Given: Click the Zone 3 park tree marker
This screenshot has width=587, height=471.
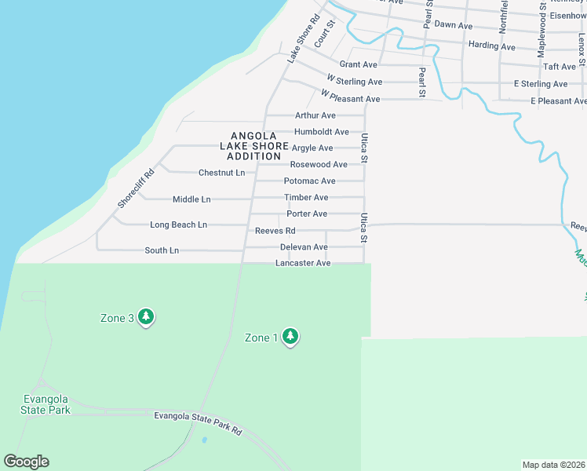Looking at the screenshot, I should click(x=145, y=316).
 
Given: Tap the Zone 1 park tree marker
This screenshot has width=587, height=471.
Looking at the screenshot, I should click(x=290, y=337).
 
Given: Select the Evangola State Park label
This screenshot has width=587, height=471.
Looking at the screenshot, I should click(x=46, y=404).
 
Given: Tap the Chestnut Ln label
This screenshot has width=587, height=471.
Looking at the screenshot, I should click(x=221, y=173).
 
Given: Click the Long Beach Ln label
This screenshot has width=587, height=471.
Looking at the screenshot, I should click(x=178, y=225).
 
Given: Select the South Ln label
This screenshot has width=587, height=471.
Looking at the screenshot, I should click(x=162, y=250).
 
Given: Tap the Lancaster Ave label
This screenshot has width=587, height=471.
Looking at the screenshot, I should click(x=303, y=264).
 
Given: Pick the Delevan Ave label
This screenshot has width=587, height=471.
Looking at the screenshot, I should click(x=304, y=247).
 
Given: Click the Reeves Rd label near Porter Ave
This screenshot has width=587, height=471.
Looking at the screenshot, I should click(x=275, y=231).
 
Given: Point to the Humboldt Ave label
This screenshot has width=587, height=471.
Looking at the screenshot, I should click(x=322, y=132).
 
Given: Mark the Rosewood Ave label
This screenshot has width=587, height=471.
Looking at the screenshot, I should click(x=319, y=165).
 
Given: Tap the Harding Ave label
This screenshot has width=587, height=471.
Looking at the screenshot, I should click(x=491, y=46).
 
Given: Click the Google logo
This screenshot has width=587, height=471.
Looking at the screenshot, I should click(x=26, y=462).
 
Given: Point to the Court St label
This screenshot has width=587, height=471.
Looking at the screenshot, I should click(x=324, y=35).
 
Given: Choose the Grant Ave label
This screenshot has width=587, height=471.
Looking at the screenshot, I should click(x=358, y=64).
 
